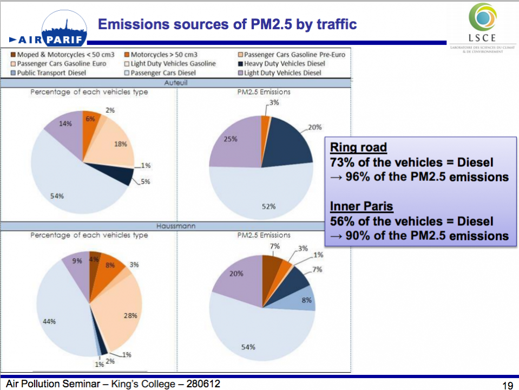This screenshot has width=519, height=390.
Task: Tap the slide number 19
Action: pos(507,385)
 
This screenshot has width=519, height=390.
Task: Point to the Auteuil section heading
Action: pos(176,83)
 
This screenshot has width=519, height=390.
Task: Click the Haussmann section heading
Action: pos(176,226)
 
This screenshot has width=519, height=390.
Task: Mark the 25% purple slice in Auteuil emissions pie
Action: pos(233,146)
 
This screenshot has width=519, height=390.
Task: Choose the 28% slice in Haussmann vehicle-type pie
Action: pos(122,309)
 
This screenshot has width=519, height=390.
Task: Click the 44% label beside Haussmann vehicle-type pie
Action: pos(49,321)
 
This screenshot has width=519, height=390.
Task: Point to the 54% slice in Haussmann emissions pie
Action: pos(254,330)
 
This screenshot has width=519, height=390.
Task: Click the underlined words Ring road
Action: pos(358,147)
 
